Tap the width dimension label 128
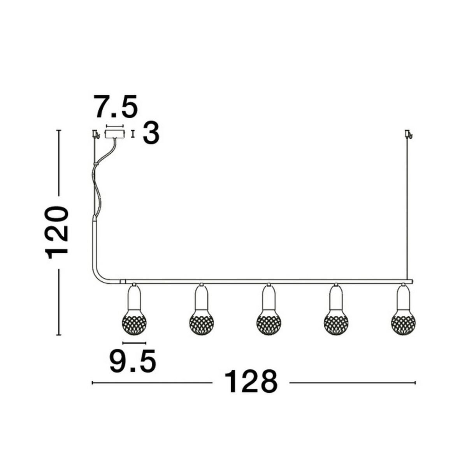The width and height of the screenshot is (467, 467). tap(251, 382)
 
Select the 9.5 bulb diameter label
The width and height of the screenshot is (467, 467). tap(133, 362)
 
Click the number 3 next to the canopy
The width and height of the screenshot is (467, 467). tap(151, 133)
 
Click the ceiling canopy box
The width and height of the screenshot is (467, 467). tap(115, 134)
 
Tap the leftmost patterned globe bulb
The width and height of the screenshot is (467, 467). tap(134, 323)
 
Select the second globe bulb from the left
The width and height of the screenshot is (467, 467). tap(202, 323)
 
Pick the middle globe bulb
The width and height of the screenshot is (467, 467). tap(269, 323)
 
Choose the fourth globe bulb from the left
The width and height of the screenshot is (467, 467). tap(336, 323)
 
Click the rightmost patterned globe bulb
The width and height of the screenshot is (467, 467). tap(403, 323)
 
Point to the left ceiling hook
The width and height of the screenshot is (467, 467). tap(95, 134)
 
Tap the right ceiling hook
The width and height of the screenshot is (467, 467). tap(408, 134)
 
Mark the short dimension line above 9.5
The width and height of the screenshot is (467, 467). tap(134, 343)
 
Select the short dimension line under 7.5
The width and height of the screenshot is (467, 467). tap(115, 126)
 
